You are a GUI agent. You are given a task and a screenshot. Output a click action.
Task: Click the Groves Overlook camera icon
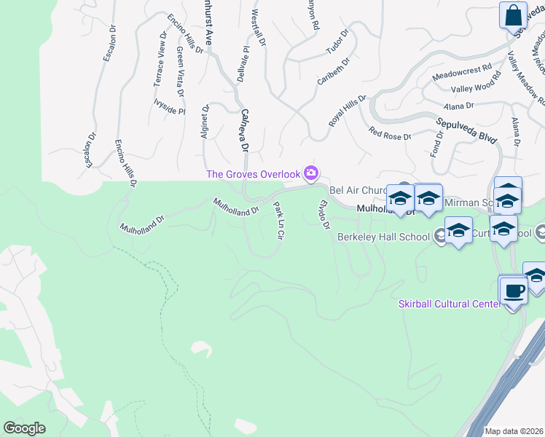pos(312,173)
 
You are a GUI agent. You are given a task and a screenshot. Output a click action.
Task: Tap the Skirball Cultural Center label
pos(449,304)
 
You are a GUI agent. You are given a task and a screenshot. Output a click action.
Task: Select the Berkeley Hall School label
pos(383,237)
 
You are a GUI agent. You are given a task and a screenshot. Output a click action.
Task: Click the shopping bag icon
pos(513,15)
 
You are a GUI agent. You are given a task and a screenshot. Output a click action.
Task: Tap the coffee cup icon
pos(514,291)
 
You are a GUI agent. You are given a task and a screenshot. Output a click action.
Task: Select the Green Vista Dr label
pos(179,71)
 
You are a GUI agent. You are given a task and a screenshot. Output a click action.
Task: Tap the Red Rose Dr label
pos(390,134)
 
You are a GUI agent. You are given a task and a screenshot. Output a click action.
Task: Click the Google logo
pos(24,428)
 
